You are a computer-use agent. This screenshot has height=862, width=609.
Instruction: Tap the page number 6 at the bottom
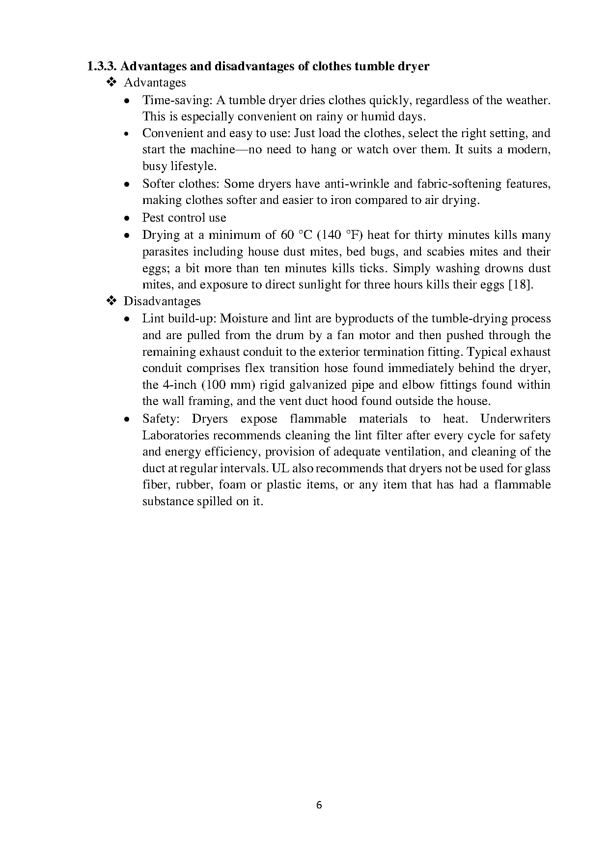click(x=319, y=805)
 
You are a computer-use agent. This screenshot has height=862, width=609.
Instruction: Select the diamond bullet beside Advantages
click(x=111, y=82)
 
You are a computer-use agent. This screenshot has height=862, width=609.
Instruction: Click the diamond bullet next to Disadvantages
click(x=111, y=301)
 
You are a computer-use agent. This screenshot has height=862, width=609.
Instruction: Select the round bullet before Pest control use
click(x=127, y=218)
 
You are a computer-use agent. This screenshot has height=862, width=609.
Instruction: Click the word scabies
click(x=445, y=252)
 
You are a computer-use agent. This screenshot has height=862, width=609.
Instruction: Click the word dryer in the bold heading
click(x=412, y=66)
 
